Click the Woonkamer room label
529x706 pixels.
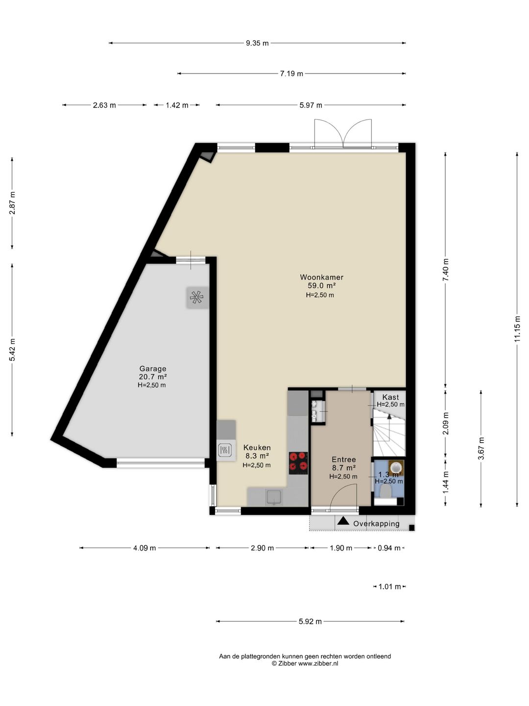321,277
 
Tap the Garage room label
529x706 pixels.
153,369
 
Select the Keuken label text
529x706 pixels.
257,448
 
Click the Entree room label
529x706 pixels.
343,459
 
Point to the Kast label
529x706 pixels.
390,397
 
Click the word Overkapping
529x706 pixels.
376,524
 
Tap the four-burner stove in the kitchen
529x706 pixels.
298,463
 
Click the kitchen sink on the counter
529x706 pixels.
273,497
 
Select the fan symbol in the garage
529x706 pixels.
196,297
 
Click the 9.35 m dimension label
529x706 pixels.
257,43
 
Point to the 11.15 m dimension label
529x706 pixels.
517,328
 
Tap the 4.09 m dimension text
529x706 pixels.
144,548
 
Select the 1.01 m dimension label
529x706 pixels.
389,587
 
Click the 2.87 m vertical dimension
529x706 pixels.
12,202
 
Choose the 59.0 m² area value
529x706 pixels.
321,286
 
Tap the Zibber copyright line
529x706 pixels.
305,664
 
